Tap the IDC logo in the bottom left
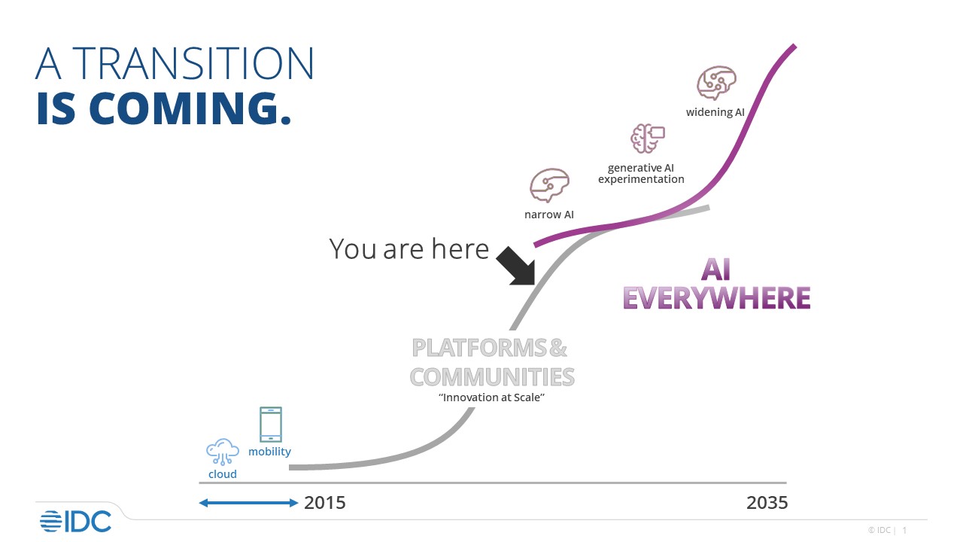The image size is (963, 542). pyautogui.click(x=75, y=521)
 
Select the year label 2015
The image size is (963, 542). pyautogui.click(x=325, y=503)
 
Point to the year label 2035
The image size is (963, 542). pyautogui.click(x=767, y=503)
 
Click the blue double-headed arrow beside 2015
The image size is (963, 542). pyautogui.click(x=248, y=503)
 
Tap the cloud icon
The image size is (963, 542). pyautogui.click(x=223, y=452)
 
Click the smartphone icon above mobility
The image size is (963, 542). pyautogui.click(x=270, y=425)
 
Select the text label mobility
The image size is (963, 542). pyautogui.click(x=269, y=452)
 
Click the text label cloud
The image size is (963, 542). pyautogui.click(x=223, y=474)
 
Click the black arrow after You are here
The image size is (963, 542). pyautogui.click(x=516, y=265)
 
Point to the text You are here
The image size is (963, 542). pyautogui.click(x=409, y=248)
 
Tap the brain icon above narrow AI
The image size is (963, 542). pyautogui.click(x=549, y=185)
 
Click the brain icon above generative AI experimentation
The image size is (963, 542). pyautogui.click(x=647, y=139)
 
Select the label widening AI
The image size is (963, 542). pyautogui.click(x=715, y=112)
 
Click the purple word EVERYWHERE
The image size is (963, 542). pyautogui.click(x=716, y=298)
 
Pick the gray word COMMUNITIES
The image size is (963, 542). pyautogui.click(x=492, y=376)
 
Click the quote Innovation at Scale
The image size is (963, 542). pyautogui.click(x=491, y=397)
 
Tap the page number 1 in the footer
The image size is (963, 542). pyautogui.click(x=904, y=530)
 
